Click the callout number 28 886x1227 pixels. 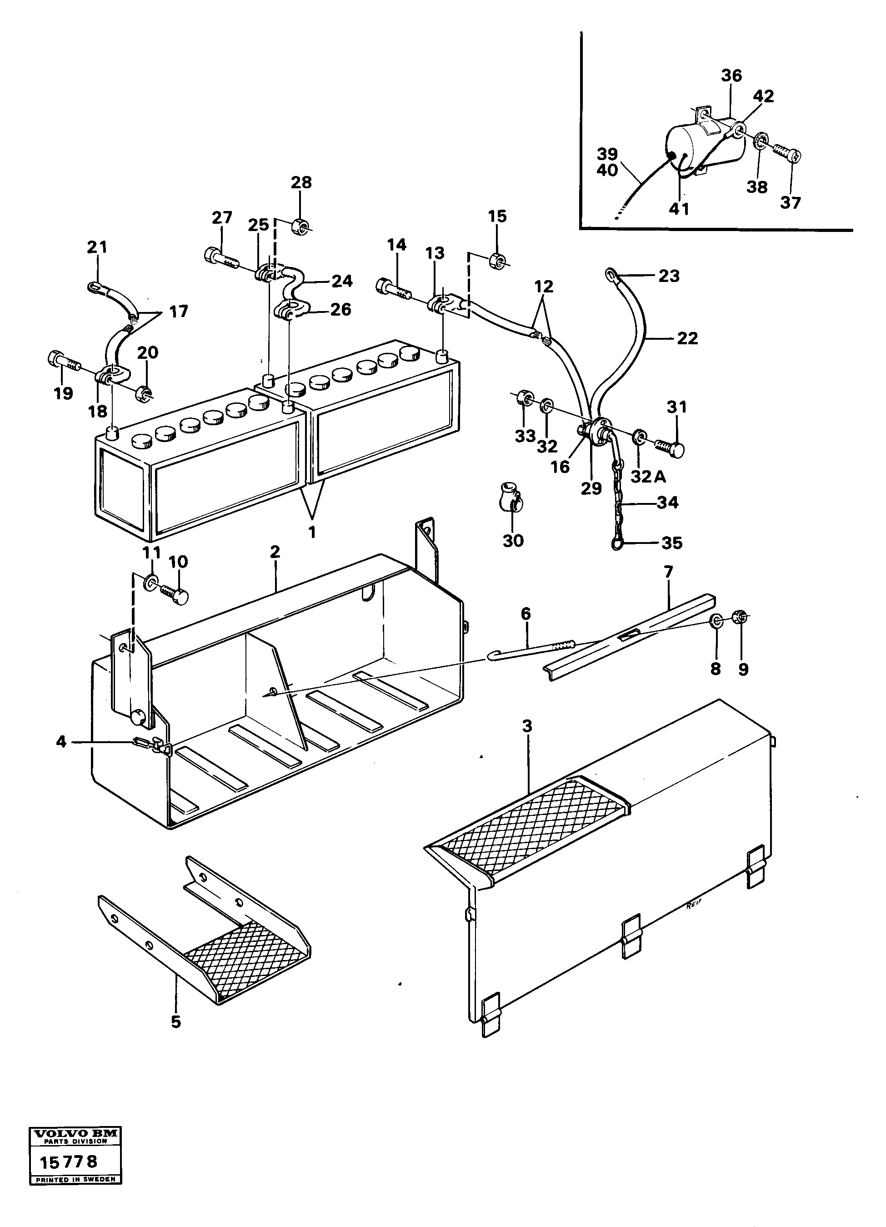[x=301, y=182]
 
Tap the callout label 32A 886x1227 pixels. [x=648, y=477]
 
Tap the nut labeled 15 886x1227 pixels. [x=496, y=261]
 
